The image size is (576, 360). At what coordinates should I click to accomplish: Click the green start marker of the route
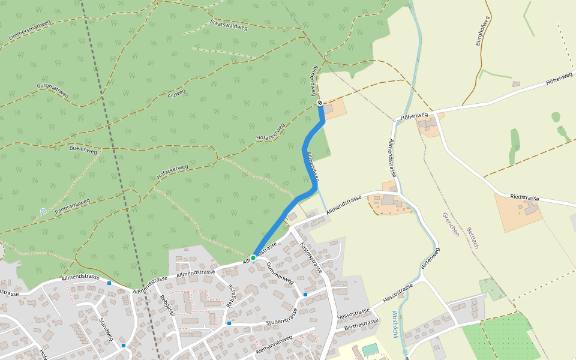(253, 257)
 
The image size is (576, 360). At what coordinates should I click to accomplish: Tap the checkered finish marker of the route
(320, 103)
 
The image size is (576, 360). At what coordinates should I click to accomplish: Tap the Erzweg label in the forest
(177, 94)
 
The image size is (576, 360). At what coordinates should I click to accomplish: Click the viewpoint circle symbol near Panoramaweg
(43, 211)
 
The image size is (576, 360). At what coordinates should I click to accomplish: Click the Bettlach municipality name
(472, 237)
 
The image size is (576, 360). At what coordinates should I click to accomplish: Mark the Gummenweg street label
(280, 272)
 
